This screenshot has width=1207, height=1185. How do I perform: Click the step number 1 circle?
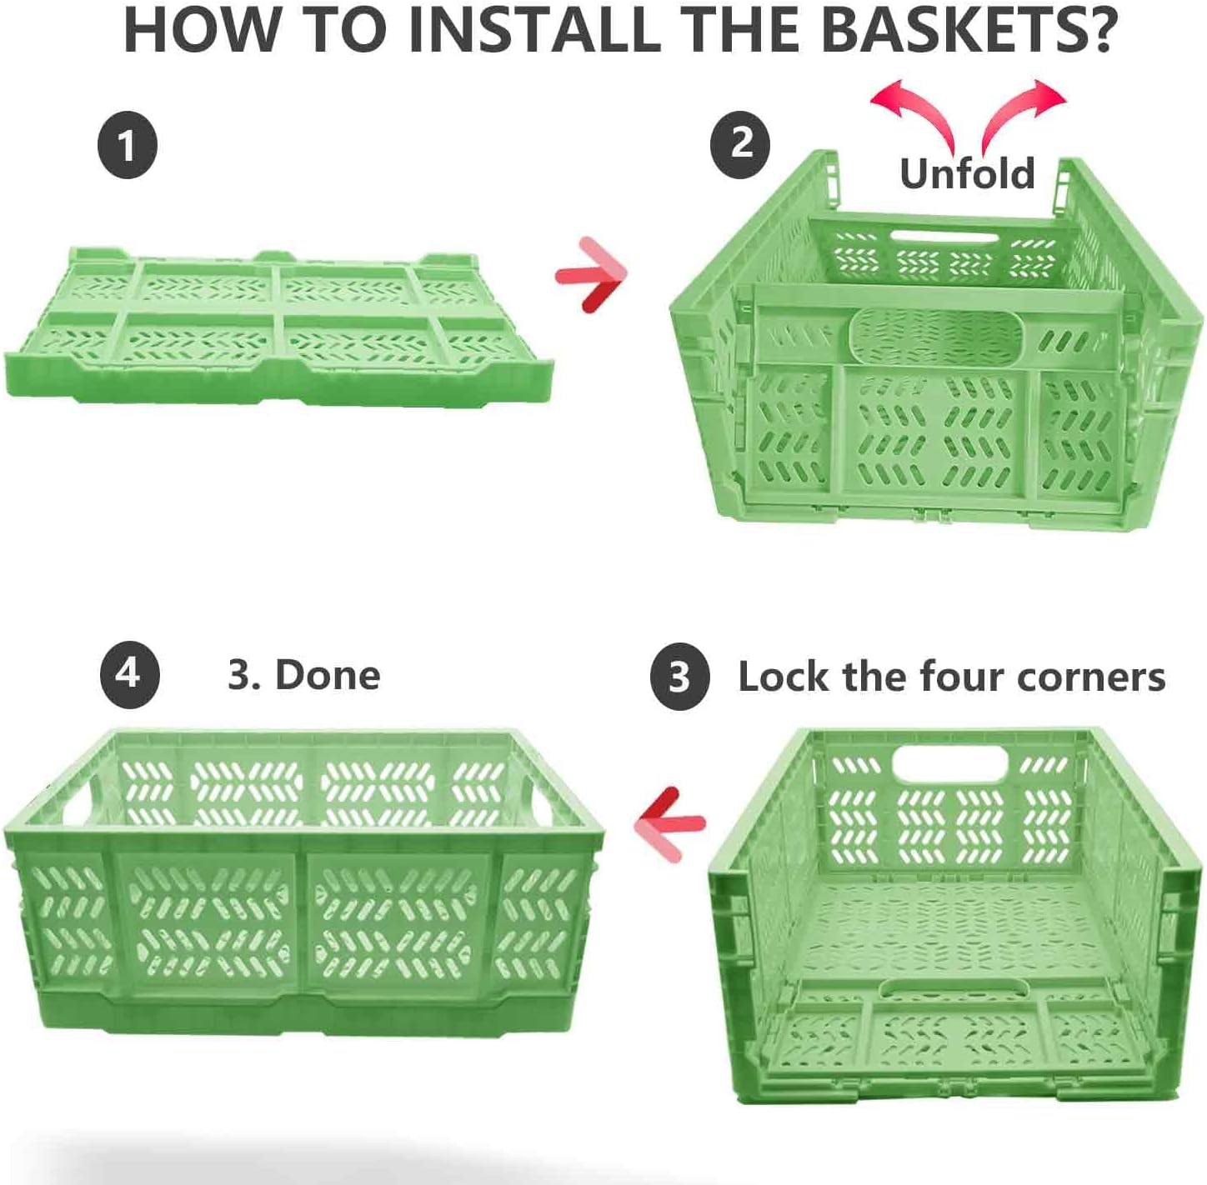tap(127, 146)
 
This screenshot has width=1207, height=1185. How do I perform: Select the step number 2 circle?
tap(740, 144)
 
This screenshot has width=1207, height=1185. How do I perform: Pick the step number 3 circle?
tap(679, 676)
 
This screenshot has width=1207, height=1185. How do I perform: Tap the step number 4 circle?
tap(129, 674)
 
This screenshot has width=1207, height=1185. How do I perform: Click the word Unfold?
tap(967, 173)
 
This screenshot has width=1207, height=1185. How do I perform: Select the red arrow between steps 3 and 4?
tap(670, 823)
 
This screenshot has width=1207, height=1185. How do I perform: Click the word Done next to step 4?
tap(328, 674)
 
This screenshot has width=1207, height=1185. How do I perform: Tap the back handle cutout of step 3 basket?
tap(949, 763)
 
